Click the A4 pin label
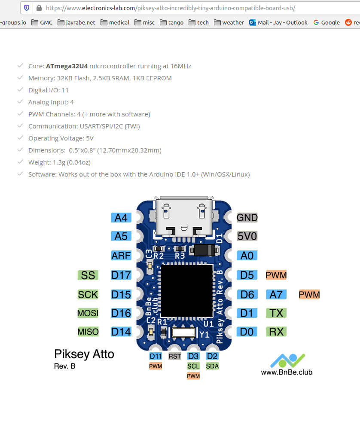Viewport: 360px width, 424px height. pyautogui.click(x=121, y=218)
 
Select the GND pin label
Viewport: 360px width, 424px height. pyautogui.click(x=247, y=217)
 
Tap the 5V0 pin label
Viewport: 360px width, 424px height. pyautogui.click(x=247, y=236)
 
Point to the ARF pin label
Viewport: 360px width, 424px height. pyautogui.click(x=121, y=256)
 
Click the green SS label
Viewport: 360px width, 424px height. pyautogui.click(x=88, y=275)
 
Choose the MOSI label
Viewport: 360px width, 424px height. pyautogui.click(x=88, y=313)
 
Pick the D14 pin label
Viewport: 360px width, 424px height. pyautogui.click(x=121, y=332)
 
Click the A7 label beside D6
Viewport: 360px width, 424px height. pyautogui.click(x=276, y=294)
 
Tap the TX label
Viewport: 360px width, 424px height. pyautogui.click(x=276, y=313)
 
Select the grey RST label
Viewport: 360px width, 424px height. pyautogui.click(x=175, y=356)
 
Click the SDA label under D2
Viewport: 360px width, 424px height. pyautogui.click(x=212, y=366)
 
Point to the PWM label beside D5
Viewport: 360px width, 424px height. pyautogui.click(x=276, y=275)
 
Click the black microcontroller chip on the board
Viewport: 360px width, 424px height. pyautogui.click(x=187, y=290)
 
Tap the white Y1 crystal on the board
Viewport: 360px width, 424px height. pyautogui.click(x=183, y=332)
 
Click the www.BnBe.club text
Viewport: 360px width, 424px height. pyautogui.click(x=287, y=372)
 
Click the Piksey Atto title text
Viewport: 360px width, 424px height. pyautogui.click(x=84, y=354)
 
